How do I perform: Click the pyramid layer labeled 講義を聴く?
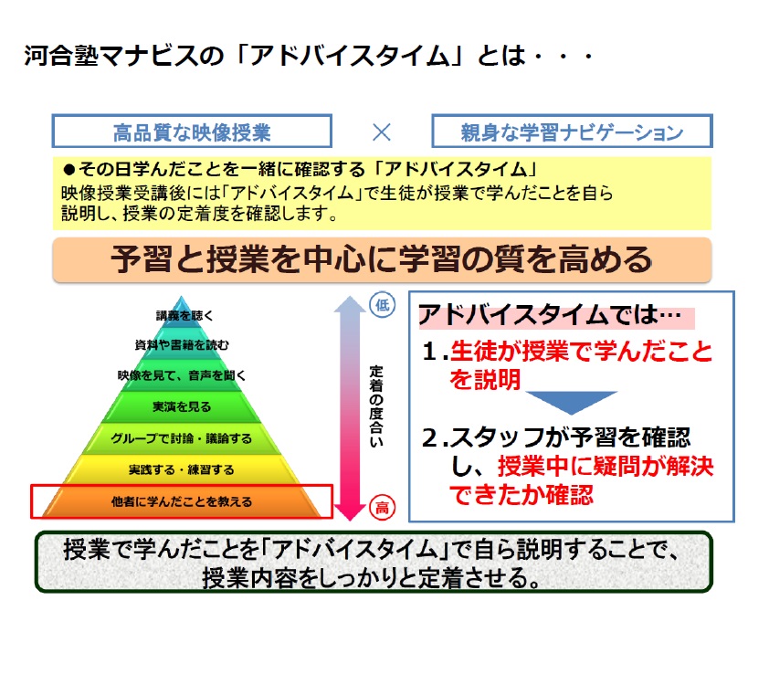tap(183, 314)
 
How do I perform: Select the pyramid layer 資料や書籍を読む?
tap(182, 345)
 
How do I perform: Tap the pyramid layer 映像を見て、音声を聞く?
tap(182, 375)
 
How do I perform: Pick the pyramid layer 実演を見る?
tap(182, 406)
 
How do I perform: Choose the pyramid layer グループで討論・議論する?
tap(182, 438)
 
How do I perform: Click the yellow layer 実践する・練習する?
tap(182, 469)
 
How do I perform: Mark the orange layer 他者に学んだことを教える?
tap(182, 501)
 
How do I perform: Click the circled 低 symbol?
tap(383, 305)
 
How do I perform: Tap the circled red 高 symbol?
tap(382, 507)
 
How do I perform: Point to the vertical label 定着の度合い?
tap(376, 406)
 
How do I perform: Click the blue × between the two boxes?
tap(382, 132)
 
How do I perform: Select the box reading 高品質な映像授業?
tap(192, 131)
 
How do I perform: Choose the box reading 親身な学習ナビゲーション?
tap(572, 131)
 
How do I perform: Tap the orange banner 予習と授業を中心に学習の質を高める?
tap(382, 260)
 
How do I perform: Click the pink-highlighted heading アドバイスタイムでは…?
tap(555, 315)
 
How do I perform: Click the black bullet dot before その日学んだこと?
tap(69, 170)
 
